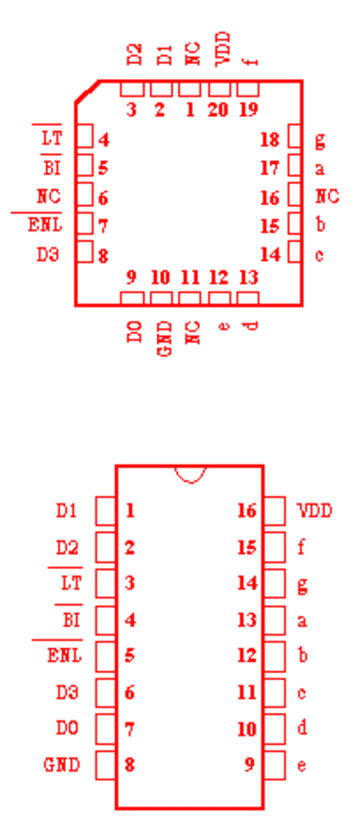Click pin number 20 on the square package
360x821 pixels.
point(219,110)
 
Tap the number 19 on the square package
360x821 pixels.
point(248,110)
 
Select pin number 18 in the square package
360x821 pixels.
point(270,140)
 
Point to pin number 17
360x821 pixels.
point(270,168)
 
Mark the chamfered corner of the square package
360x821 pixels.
point(87,92)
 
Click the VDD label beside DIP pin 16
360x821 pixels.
point(314,510)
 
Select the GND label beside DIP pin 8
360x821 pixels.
point(62,765)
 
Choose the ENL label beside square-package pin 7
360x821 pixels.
point(45,225)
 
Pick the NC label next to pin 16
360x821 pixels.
point(328,196)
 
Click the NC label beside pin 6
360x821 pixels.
point(49,196)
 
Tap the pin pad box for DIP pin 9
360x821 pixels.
point(274,765)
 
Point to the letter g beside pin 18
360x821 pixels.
point(319,140)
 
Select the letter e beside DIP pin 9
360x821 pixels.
point(301,766)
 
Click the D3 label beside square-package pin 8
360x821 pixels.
point(48,255)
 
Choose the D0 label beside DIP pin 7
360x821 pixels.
point(67,727)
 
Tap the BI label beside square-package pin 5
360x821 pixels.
point(52,168)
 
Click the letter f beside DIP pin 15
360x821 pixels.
point(301,547)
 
